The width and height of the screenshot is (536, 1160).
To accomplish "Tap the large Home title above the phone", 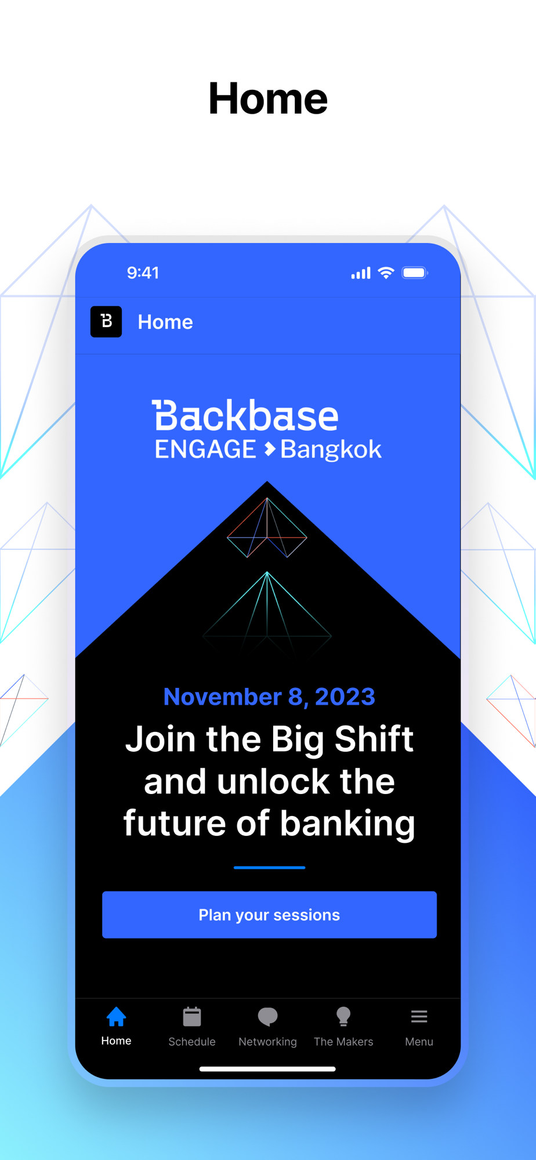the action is click(x=268, y=99).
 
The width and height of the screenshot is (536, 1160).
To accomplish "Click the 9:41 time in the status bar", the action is click(x=143, y=273).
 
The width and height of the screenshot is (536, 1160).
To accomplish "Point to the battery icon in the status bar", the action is click(x=415, y=273).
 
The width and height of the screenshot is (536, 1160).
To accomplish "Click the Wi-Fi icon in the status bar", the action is click(x=386, y=273).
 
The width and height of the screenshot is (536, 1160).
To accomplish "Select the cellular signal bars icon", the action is click(x=361, y=273).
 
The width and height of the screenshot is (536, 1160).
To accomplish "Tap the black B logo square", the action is click(x=106, y=321).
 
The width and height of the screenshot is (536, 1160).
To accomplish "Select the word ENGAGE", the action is click(x=205, y=449).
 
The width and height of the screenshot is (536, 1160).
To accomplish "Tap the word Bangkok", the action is click(x=331, y=449).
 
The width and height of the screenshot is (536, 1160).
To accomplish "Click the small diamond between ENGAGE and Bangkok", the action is click(x=269, y=449).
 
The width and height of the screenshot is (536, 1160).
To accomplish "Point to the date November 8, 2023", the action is click(x=269, y=697).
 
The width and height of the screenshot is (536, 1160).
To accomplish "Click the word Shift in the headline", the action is click(x=374, y=739).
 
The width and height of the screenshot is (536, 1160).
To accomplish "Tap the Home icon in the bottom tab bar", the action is click(x=116, y=1016).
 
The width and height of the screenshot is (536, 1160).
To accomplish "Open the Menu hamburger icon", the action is click(x=419, y=1016).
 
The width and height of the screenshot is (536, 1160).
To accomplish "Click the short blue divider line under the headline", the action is click(x=269, y=868).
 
